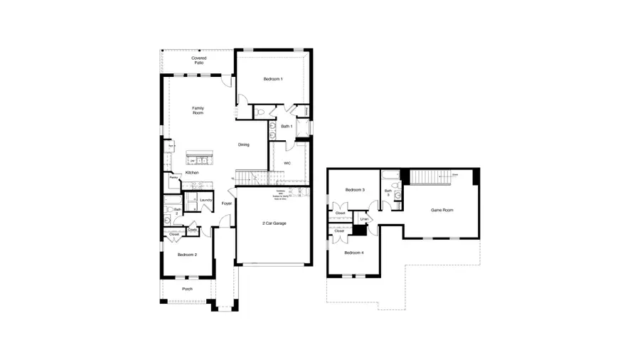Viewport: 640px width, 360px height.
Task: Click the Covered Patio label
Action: point(198,60)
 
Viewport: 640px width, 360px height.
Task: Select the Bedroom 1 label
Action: point(273,79)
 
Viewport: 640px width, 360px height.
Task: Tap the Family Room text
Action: point(198,110)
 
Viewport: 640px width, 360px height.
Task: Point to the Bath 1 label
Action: point(287,126)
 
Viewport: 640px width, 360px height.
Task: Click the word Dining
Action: point(244,145)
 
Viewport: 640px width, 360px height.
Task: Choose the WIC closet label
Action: point(287,163)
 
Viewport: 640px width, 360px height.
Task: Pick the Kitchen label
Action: point(192,173)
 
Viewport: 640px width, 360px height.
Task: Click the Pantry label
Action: point(173,178)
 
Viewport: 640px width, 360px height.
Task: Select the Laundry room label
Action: point(206,200)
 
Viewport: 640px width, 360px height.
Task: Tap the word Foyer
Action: point(227,203)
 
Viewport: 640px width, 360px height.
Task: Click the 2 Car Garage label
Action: point(274,223)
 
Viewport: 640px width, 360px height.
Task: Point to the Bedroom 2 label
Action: point(186,254)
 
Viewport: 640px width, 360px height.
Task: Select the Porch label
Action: point(187,289)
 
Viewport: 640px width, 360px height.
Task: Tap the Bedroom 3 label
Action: point(355,190)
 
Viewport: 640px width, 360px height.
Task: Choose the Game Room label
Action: point(442,210)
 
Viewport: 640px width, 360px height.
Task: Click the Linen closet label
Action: point(363,219)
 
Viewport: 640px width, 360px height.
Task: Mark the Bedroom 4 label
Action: point(354,253)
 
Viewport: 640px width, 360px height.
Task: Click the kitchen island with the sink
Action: point(199,156)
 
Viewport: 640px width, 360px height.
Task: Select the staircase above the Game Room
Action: point(432,176)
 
